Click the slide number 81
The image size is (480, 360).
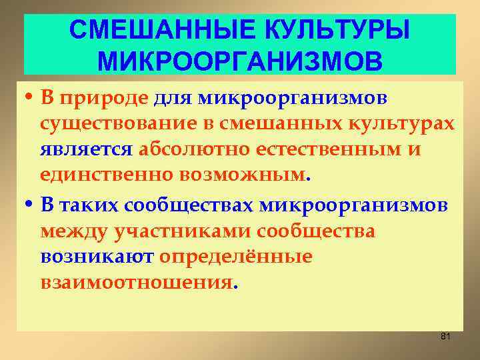click(446, 337)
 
